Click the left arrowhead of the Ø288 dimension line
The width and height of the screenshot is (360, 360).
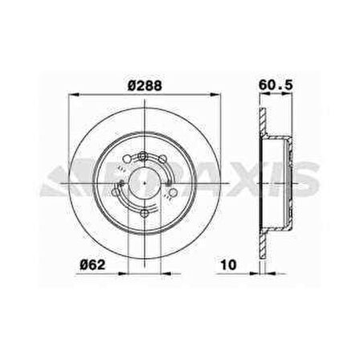click(x=70, y=95)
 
